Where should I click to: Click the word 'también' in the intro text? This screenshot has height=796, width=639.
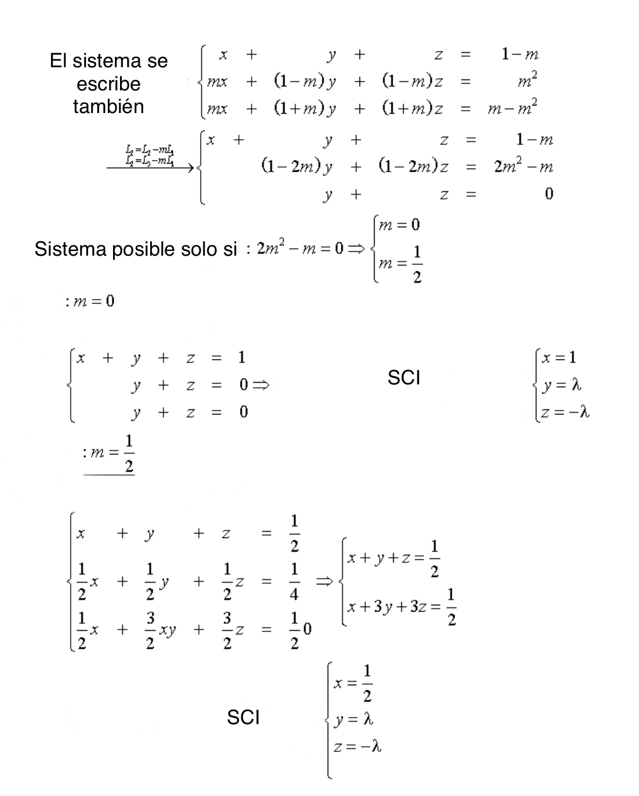108,107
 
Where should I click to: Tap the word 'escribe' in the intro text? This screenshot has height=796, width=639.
108,84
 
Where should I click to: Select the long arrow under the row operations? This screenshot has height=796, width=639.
150,168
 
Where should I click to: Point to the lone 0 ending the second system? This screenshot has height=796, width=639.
549,194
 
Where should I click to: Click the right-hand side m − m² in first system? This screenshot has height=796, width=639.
512,108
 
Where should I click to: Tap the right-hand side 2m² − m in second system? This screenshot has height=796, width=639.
523,167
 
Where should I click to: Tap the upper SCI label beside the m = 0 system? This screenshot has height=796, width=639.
404,378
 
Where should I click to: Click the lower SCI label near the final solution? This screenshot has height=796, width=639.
243,718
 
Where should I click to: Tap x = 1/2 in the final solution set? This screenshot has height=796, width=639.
353,683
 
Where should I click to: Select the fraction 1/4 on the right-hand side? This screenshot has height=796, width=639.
295,580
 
